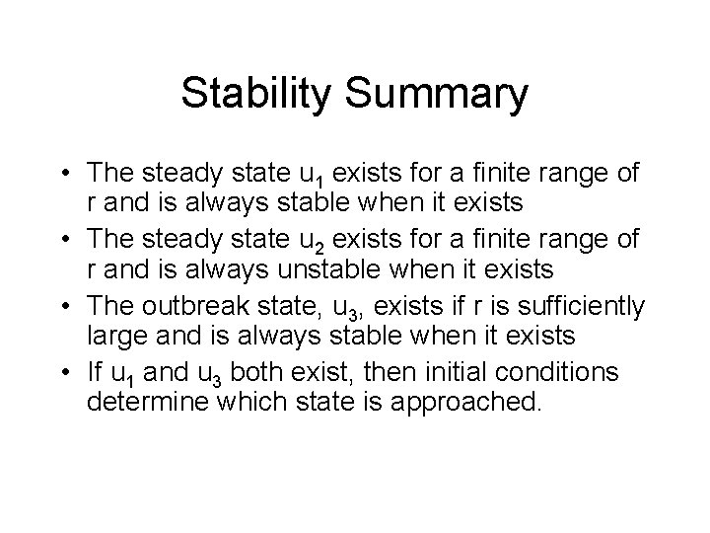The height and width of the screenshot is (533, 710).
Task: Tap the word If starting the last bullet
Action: tap(96, 372)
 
